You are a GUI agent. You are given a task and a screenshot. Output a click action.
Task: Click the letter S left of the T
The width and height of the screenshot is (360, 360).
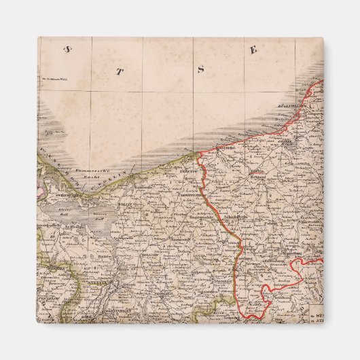click(67, 48)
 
